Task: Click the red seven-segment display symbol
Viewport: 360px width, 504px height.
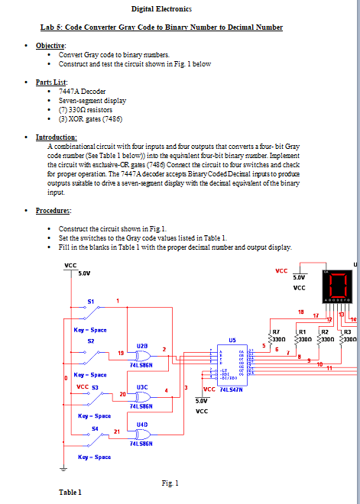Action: coord(338,284)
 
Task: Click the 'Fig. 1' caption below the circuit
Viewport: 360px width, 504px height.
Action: coord(170,483)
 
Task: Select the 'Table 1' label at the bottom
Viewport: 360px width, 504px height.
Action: coord(70,493)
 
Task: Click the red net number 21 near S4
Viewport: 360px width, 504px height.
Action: coord(117,432)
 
